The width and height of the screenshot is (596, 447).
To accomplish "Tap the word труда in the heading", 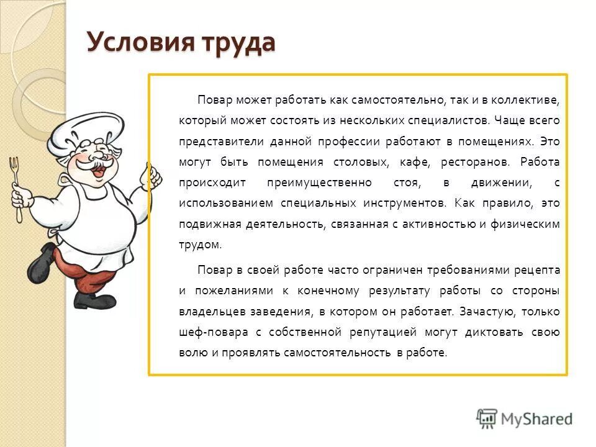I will point(237,43).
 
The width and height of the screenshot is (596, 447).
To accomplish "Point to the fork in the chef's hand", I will point(15,186).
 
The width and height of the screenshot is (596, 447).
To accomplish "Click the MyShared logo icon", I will point(487,418).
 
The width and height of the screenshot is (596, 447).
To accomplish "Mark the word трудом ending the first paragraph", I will point(199,245).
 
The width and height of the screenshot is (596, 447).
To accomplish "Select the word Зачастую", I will point(482,312).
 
